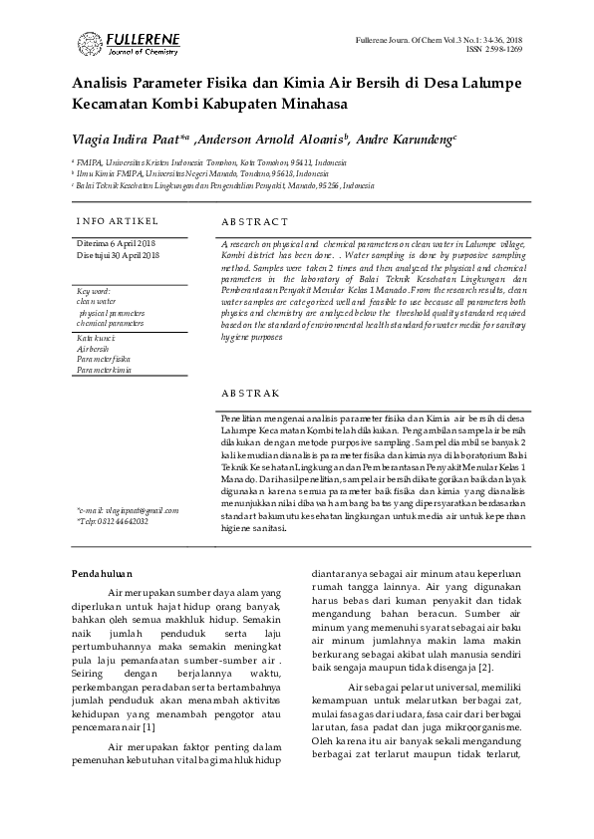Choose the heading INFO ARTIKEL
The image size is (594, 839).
tap(117, 220)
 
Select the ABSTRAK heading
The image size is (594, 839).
tap(250, 395)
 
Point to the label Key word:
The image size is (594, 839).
tap(94, 291)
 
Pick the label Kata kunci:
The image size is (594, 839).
tap(96, 339)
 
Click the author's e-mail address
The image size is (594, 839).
tap(128, 510)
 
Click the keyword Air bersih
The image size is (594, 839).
tap(92, 350)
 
